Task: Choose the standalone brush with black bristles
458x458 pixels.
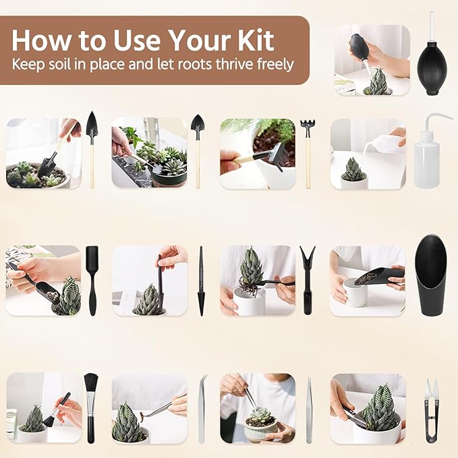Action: coord(90,408)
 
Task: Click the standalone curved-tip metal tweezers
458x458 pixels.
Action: coord(202,409)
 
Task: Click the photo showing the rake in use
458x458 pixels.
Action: coord(258,154)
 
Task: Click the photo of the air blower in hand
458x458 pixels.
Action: coord(372,60)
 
